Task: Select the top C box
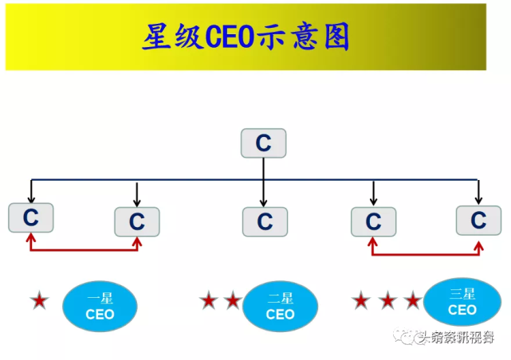(263, 143)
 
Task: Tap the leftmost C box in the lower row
(30, 217)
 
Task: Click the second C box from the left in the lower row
(137, 221)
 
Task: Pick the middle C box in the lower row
(264, 221)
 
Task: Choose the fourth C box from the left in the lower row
(373, 221)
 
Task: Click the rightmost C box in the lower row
(478, 220)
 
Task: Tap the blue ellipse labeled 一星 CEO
(100, 307)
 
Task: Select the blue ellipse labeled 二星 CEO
(280, 307)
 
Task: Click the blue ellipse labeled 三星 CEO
(462, 302)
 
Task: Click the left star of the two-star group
(209, 301)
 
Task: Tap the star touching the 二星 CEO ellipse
(233, 301)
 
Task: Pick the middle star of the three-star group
(387, 301)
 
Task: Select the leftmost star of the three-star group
(362, 301)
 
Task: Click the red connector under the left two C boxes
(84, 249)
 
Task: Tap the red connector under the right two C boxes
(426, 255)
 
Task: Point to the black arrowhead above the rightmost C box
(478, 199)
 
